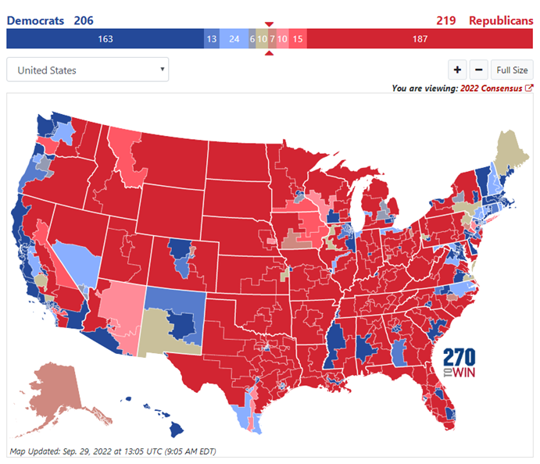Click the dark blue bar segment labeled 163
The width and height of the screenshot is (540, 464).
pos(105,39)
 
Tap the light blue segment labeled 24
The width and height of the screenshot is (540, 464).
pos(234,39)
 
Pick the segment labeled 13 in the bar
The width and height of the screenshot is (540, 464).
pos(212,39)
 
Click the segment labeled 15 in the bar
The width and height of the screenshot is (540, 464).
pos(298,39)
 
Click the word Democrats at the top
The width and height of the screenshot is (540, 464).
pos(36,20)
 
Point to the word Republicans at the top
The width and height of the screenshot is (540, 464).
pos(501,20)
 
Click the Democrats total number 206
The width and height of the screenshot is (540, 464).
pos(84,20)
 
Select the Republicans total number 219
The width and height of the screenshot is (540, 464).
pos(446,20)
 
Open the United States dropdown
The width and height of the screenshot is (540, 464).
pos(88,70)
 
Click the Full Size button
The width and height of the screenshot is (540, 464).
pos(513,70)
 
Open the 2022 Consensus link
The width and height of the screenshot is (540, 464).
pos(495,88)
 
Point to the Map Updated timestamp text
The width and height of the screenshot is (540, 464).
pos(113,451)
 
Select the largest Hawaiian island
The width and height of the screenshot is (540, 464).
pos(178,429)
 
